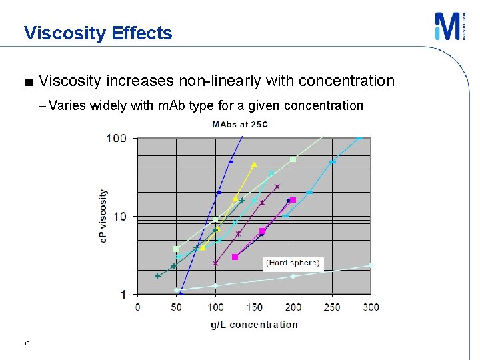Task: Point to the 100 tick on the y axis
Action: click(x=116, y=139)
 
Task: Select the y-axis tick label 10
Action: click(x=119, y=217)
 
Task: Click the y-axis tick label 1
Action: click(x=123, y=295)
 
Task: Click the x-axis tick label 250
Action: click(x=332, y=307)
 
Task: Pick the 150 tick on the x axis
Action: click(x=254, y=307)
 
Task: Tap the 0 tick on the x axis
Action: click(x=138, y=307)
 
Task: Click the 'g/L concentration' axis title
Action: click(x=254, y=325)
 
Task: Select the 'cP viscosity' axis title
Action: click(x=103, y=216)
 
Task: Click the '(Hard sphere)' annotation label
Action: click(x=293, y=263)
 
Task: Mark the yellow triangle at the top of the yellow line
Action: click(x=254, y=165)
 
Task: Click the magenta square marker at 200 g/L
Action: click(x=293, y=200)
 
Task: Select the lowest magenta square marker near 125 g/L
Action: click(x=235, y=257)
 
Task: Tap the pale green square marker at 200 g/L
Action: click(x=293, y=159)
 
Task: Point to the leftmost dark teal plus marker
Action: click(x=158, y=276)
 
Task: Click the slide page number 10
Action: click(x=26, y=343)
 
